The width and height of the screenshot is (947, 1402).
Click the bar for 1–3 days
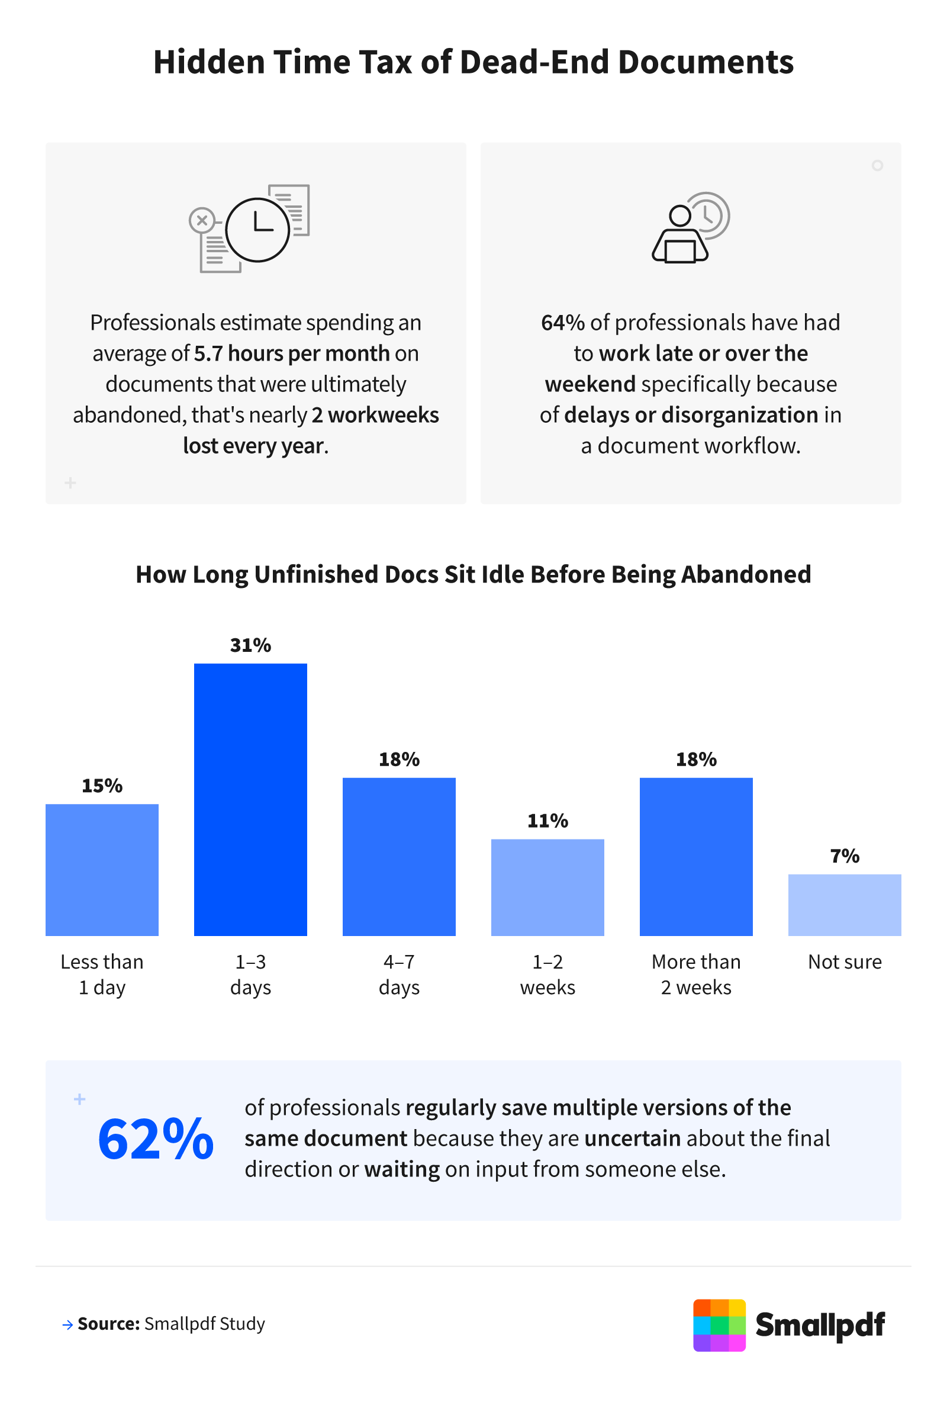(x=250, y=799)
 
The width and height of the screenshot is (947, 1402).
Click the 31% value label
(x=250, y=645)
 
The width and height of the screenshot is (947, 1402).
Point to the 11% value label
(x=547, y=821)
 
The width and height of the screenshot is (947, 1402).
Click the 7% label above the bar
(x=844, y=856)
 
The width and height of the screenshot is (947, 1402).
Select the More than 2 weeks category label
(x=695, y=975)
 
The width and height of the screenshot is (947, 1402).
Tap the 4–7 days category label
(x=399, y=975)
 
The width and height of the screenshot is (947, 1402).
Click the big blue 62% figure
(x=156, y=1139)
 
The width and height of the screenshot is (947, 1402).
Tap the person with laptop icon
(x=690, y=228)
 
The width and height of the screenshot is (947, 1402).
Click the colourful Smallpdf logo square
(x=719, y=1325)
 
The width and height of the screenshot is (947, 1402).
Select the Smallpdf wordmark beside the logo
(x=819, y=1325)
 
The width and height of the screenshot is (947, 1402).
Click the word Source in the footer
(x=108, y=1324)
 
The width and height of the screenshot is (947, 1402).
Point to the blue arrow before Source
(x=67, y=1325)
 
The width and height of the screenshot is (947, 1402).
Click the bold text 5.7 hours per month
(x=291, y=353)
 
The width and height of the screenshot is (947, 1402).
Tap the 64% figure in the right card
(x=562, y=323)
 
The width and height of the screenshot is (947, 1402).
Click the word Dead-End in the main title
(x=535, y=62)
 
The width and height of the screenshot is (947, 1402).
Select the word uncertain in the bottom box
(x=632, y=1139)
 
